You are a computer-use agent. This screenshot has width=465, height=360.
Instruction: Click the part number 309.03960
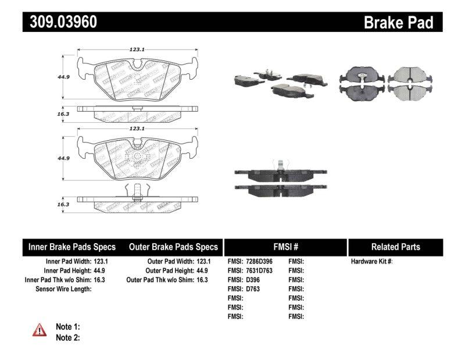[60, 22]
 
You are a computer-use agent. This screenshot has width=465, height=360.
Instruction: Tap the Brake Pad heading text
[398, 22]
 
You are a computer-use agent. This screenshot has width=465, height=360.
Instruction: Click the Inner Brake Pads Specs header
[72, 247]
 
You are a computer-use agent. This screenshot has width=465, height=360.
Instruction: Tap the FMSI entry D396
[253, 280]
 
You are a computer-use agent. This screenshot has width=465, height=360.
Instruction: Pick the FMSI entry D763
[253, 288]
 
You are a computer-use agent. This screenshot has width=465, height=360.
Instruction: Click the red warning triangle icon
[39, 330]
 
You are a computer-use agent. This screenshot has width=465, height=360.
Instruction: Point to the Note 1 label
[67, 327]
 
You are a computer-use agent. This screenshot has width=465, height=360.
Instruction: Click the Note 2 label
[67, 337]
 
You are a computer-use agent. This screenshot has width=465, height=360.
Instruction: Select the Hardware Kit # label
[372, 262]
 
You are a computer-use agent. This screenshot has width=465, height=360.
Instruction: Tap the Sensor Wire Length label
[64, 288]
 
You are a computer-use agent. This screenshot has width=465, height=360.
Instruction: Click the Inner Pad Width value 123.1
[101, 262]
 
